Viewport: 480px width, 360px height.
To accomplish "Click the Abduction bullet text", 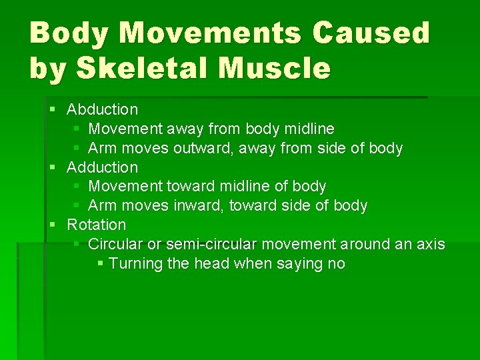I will tap(103, 109).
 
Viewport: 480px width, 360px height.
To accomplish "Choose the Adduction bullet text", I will tap(103, 167).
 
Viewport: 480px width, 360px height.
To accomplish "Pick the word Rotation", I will tap(97, 225).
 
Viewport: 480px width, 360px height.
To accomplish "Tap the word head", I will tap(211, 264).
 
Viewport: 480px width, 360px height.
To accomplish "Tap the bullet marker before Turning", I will tap(100, 264).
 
